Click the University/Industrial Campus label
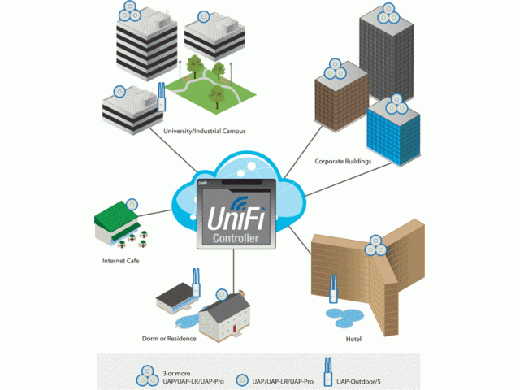point(204,131)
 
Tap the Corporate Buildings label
point(343,162)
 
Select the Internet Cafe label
point(123,261)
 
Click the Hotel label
point(353,337)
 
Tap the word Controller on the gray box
point(236,239)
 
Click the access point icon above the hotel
point(375,240)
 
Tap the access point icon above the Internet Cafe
point(132,204)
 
